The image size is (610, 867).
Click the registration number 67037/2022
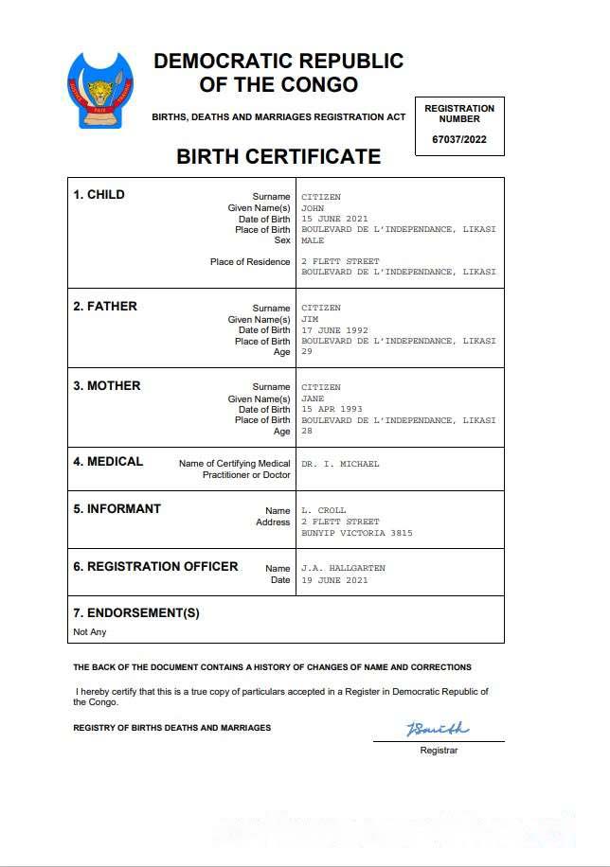459,139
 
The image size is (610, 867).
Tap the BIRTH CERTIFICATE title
278,157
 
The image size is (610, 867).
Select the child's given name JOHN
314,208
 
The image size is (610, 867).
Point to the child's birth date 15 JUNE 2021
334,219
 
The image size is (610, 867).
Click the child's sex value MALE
313,240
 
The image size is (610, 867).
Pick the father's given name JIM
311,319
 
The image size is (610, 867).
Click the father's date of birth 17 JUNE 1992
334,330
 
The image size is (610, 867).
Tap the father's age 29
307,352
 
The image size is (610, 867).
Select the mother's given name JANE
313,398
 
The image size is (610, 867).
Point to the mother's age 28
307,431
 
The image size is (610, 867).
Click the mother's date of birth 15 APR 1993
332,409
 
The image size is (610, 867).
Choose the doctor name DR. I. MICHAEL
340,464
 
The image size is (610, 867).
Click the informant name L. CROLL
324,510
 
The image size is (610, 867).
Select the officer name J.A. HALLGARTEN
344,568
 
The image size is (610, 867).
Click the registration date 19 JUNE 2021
334,579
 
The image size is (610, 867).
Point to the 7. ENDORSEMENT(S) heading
136,612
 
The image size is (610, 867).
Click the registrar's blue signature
437,729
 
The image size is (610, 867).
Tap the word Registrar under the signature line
439,751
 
